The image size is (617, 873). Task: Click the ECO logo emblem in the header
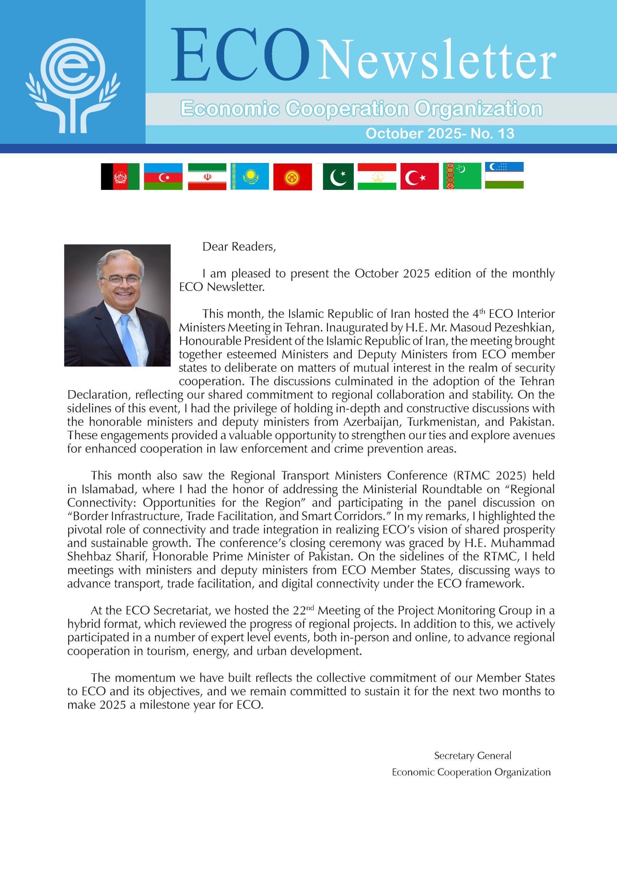[73, 85]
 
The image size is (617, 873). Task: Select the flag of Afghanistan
[120, 176]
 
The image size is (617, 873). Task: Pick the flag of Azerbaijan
[163, 176]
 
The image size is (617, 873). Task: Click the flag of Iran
[207, 176]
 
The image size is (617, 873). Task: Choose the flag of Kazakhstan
[250, 176]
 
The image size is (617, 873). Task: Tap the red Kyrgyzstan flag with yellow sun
[292, 177]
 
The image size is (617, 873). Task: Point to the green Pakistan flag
[337, 176]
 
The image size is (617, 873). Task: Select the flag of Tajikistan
[377, 176]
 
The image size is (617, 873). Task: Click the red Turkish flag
[419, 176]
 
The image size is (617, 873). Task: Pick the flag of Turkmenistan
[462, 176]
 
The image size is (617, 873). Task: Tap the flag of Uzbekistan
[504, 175]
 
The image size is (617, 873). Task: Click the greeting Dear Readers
[239, 247]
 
